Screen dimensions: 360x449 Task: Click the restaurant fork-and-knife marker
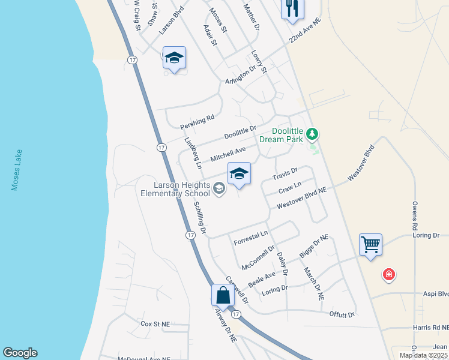[x=292, y=9]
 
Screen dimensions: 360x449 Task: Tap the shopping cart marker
[x=370, y=245]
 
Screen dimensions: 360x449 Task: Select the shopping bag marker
[x=223, y=295]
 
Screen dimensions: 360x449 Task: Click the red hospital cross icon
[x=389, y=275]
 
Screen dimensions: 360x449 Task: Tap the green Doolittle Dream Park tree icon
[x=312, y=133]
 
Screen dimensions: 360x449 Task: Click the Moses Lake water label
[x=16, y=170]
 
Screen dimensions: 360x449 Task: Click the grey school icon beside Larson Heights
[x=219, y=189]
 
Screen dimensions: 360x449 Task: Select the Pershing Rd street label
[x=197, y=122]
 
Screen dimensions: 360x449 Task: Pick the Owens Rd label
[x=414, y=217]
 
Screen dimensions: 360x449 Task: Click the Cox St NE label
[x=155, y=323]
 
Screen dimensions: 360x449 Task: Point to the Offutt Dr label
[x=342, y=314]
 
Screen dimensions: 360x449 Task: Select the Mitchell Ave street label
[x=228, y=154]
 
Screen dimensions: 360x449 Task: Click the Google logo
[x=20, y=353]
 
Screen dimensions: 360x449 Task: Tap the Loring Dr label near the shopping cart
[x=427, y=235]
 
